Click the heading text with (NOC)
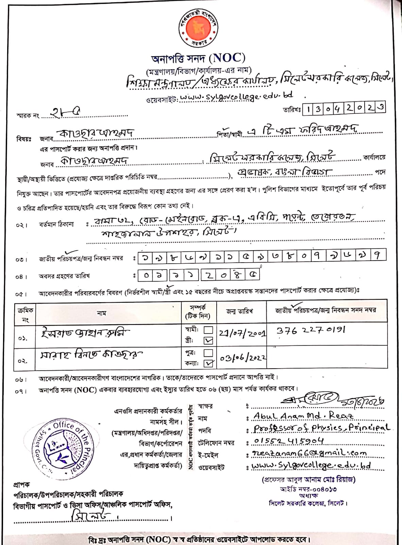(x=198, y=59)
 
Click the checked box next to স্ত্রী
(x=208, y=340)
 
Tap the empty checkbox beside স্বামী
(x=208, y=330)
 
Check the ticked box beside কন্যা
(x=208, y=363)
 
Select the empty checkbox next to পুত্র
(x=208, y=353)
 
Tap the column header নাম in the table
(x=101, y=313)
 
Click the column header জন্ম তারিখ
(x=239, y=311)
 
